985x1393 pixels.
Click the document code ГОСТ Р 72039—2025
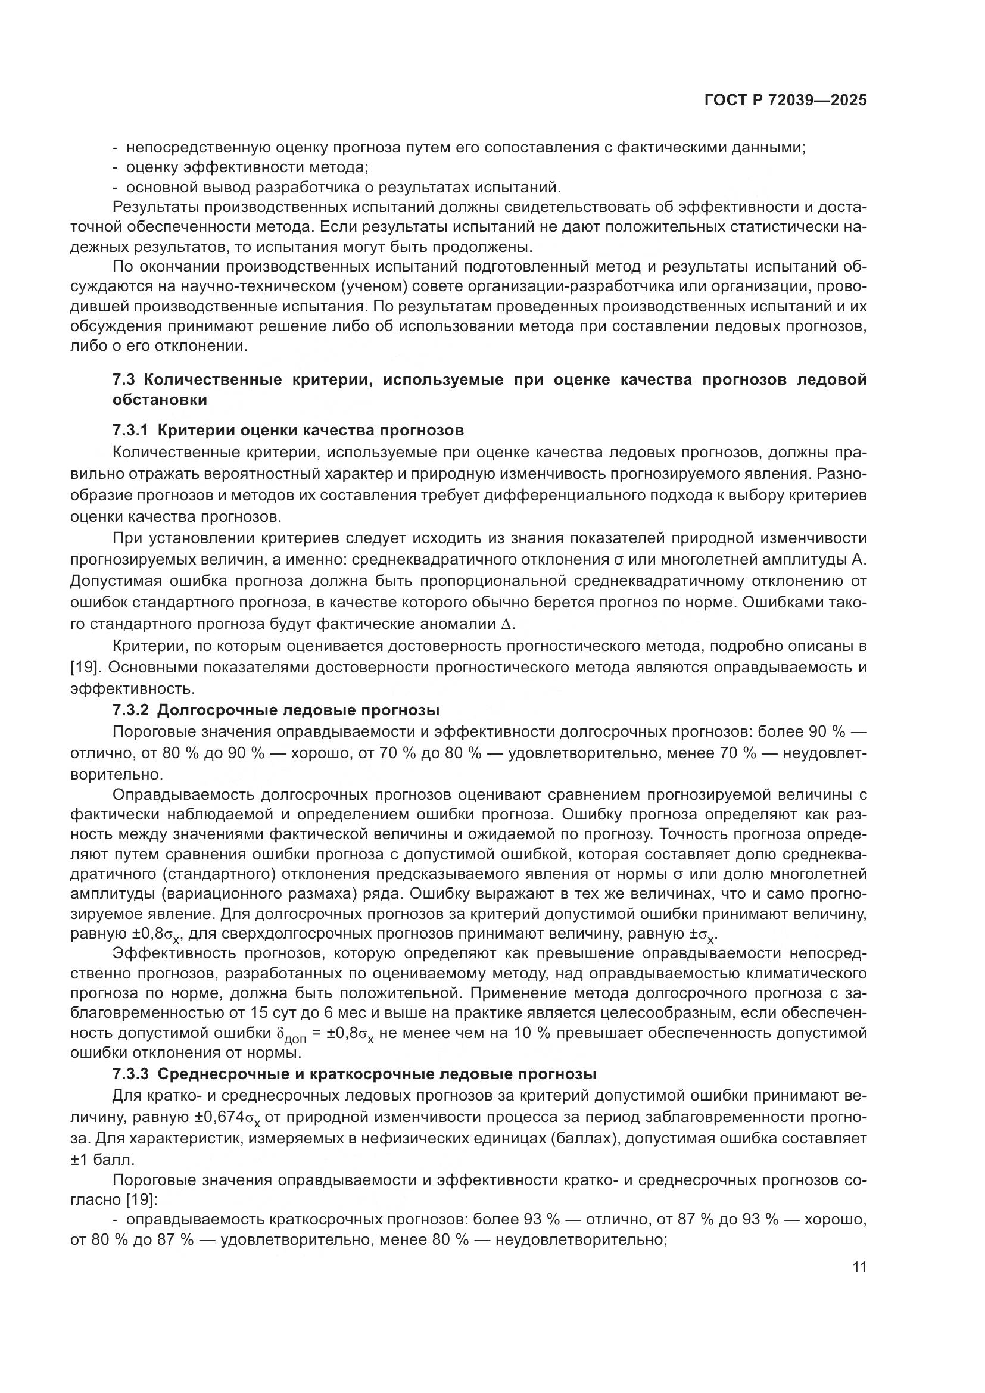[785, 101]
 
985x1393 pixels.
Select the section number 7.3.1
[130, 431]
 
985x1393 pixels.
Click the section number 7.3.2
[130, 710]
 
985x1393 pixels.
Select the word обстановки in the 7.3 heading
[160, 400]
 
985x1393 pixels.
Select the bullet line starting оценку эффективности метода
[248, 167]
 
